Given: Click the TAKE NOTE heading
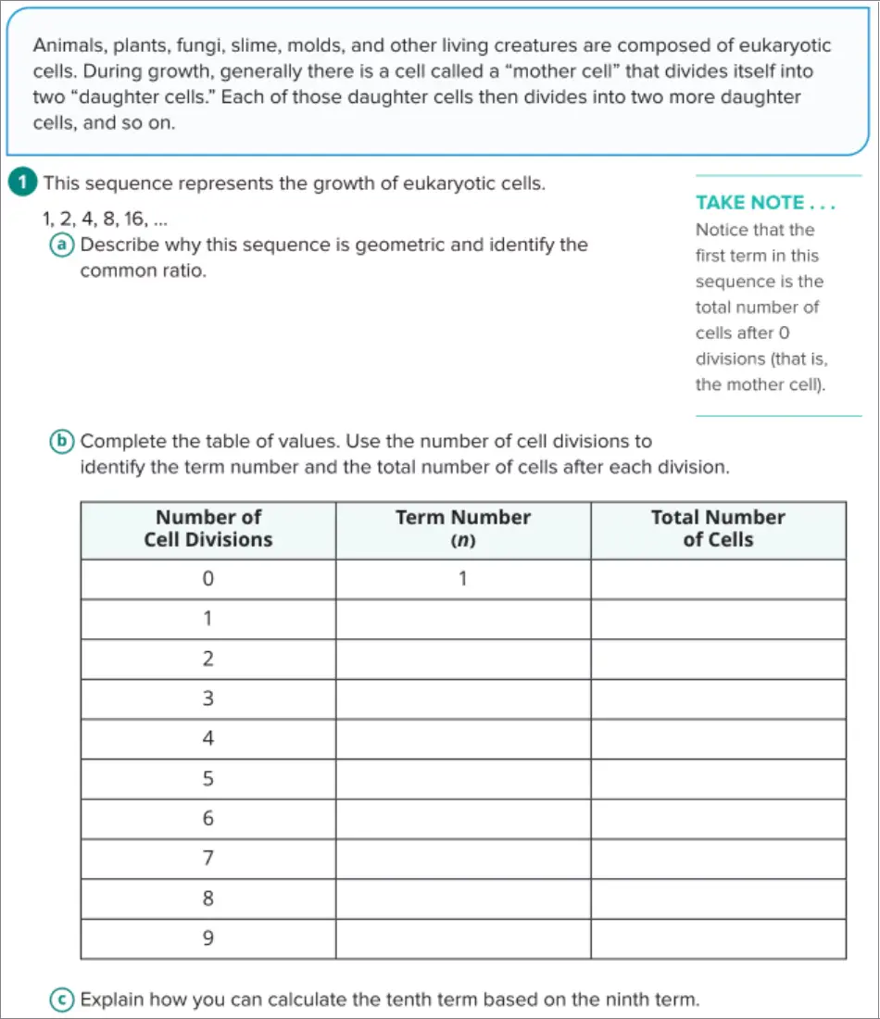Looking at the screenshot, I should [765, 202].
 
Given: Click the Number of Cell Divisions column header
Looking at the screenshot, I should [208, 529].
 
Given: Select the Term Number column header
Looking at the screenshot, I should [462, 529].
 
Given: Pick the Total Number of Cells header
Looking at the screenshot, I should [718, 529].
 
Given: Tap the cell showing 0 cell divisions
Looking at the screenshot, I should [208, 579].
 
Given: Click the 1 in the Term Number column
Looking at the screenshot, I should [462, 579].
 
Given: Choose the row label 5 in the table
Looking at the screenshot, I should [208, 779].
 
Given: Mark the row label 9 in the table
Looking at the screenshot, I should [208, 938].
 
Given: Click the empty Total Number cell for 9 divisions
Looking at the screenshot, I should [718, 938].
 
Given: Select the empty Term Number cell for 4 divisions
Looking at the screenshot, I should [462, 739].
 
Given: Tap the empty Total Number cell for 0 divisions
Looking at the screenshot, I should [718, 579].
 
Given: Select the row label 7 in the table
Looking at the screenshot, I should [208, 859].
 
